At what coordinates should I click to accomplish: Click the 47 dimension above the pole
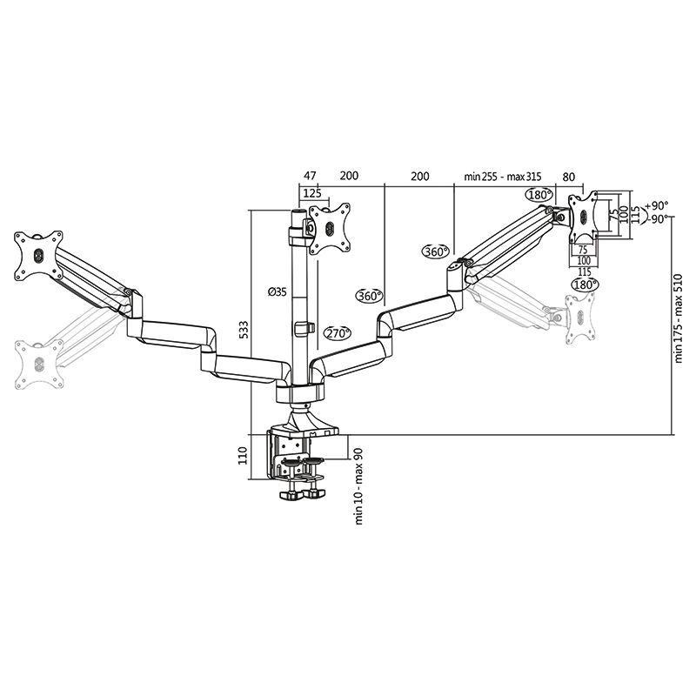pyautogui.click(x=310, y=175)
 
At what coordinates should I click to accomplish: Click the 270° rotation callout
pyautogui.click(x=338, y=333)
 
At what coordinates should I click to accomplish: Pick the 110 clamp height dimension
pyautogui.click(x=244, y=457)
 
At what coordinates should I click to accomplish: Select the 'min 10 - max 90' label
pyautogui.click(x=358, y=488)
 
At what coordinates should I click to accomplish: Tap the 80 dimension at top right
pyautogui.click(x=569, y=176)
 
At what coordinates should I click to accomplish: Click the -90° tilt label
pyautogui.click(x=657, y=218)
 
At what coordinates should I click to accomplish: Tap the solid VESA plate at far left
pyautogui.click(x=38, y=256)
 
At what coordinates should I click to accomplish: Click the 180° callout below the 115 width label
pyautogui.click(x=586, y=284)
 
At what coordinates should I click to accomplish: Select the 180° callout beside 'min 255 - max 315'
pyautogui.click(x=539, y=194)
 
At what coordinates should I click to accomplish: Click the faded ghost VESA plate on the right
pyautogui.click(x=579, y=318)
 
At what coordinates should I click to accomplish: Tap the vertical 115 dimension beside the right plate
pyautogui.click(x=635, y=213)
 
